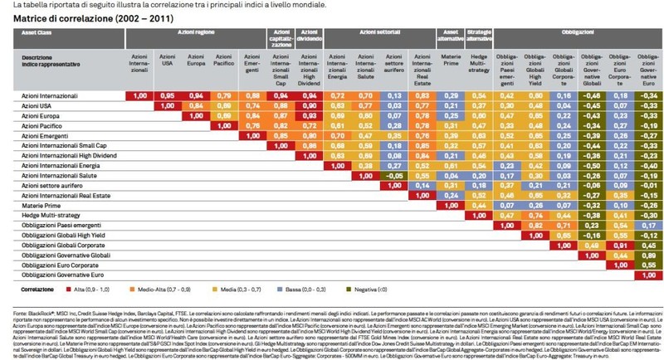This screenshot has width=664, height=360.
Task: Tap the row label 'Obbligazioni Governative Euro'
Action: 63,274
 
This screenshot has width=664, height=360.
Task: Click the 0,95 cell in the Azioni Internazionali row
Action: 167,95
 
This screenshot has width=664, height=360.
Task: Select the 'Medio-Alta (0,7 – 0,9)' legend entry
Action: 153,289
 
